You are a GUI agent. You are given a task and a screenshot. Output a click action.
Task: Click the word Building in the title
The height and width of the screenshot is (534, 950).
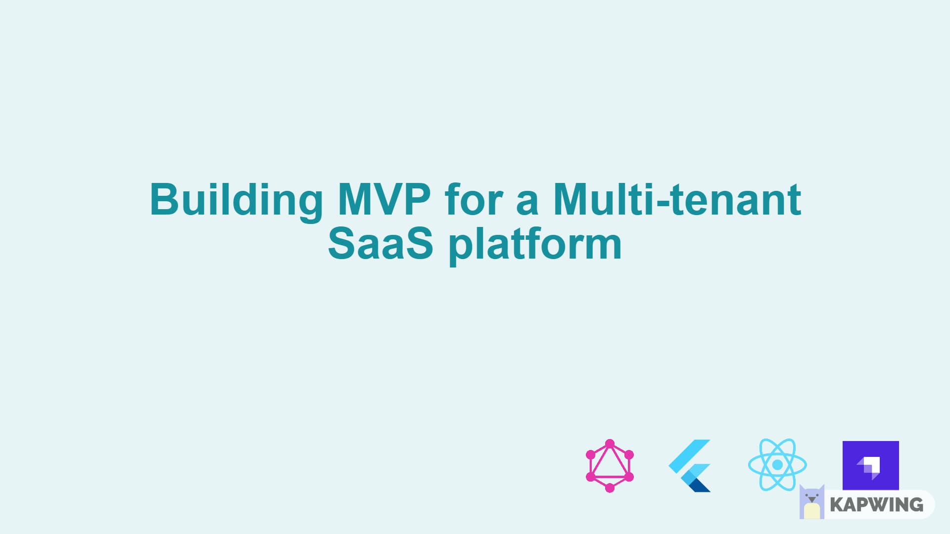click(237, 201)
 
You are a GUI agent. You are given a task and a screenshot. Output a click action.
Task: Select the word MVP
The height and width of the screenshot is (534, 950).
click(384, 199)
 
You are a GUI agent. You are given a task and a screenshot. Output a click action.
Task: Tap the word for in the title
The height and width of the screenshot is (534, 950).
click(474, 199)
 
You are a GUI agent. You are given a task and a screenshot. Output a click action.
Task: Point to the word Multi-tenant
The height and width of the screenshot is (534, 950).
click(677, 199)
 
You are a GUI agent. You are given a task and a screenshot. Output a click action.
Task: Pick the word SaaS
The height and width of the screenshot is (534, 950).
click(380, 243)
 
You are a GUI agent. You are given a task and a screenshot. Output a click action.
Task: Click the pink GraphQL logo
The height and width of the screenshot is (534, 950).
click(610, 466)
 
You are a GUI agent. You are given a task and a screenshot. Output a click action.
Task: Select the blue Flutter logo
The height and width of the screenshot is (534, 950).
click(690, 466)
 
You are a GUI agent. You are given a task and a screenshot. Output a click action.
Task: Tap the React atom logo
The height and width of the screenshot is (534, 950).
click(777, 465)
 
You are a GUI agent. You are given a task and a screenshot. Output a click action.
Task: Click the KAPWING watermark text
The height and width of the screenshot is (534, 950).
click(877, 505)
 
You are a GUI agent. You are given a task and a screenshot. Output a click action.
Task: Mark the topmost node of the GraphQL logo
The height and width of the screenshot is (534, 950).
click(610, 444)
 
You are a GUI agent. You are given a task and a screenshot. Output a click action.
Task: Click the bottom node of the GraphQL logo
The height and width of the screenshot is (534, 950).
click(610, 488)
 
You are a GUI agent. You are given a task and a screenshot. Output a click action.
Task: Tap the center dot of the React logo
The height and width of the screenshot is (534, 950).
click(777, 465)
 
